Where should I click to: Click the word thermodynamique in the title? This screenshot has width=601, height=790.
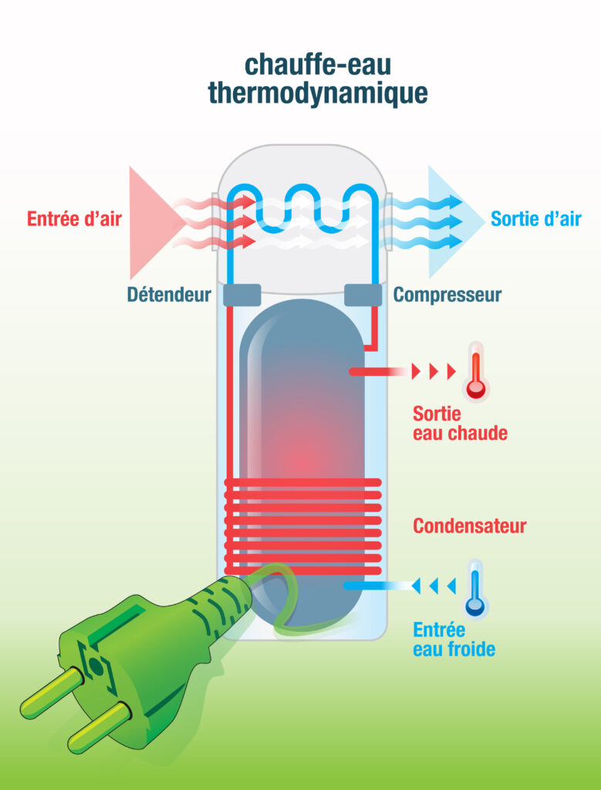coord(317,93)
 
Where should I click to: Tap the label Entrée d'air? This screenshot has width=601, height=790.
coord(74,218)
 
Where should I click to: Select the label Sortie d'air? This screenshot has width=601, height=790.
coord(535,218)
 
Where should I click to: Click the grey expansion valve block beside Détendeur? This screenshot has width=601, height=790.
coord(241,294)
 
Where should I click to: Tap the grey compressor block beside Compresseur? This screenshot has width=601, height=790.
coord(363,294)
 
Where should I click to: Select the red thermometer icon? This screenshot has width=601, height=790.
coord(475,373)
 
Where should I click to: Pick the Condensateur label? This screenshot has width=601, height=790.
coord(469,526)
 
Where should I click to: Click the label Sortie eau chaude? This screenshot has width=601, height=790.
coord(460,424)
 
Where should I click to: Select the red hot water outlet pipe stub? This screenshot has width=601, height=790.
coord(370,372)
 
